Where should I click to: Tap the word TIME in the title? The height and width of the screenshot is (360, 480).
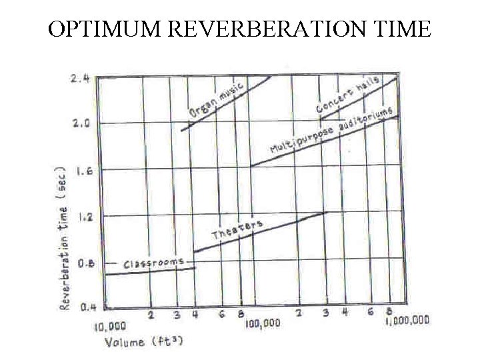[x=400, y=29]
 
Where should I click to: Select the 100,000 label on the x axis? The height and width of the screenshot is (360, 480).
[x=262, y=323]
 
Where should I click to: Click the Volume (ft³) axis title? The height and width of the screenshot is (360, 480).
[x=143, y=342]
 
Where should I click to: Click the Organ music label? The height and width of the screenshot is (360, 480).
[x=216, y=101]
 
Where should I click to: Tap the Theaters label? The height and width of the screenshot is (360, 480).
[x=237, y=229]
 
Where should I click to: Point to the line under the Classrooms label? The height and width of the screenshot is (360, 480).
[x=150, y=271]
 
